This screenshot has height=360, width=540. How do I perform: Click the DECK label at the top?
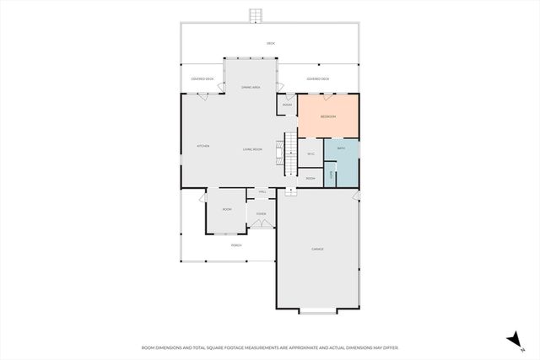click(x=271, y=43)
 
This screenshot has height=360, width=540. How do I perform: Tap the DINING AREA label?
click(x=251, y=87)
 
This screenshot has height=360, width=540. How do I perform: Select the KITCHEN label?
click(x=203, y=146)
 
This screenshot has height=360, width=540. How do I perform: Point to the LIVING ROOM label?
click(x=252, y=149)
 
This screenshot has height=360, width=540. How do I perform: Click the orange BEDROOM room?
click(x=328, y=117)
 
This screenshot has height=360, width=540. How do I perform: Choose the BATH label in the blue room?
click(x=342, y=148)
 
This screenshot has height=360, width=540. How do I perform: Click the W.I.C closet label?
click(x=310, y=153)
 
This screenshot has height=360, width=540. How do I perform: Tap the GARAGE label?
click(x=317, y=249)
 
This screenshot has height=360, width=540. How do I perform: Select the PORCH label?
click(x=236, y=245)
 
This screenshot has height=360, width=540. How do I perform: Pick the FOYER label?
click(x=262, y=214)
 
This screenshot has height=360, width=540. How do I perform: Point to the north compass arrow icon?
click(x=511, y=339)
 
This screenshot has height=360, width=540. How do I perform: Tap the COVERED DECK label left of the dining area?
click(x=202, y=79)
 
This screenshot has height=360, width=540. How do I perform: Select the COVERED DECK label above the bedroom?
click(x=318, y=79)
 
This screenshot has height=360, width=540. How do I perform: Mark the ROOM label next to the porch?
click(x=227, y=209)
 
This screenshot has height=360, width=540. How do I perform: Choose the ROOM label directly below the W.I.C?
click(x=310, y=179)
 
